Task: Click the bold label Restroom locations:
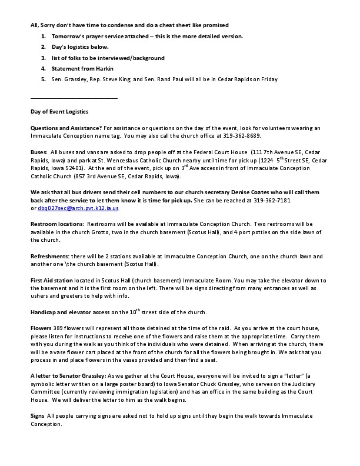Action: click(x=58, y=224)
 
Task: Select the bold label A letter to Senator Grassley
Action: click(x=71, y=375)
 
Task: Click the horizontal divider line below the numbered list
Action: click(x=74, y=96)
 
